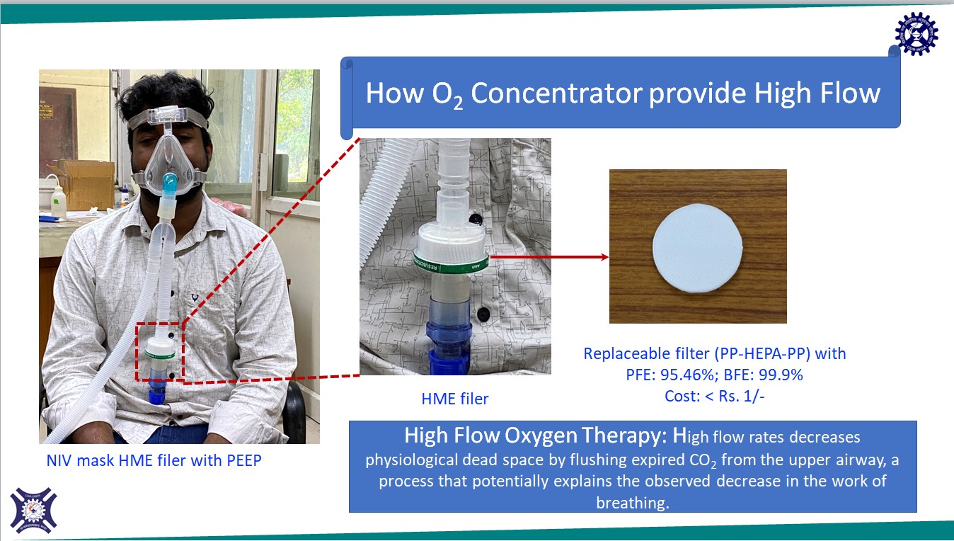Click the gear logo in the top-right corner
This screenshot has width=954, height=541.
(916, 33)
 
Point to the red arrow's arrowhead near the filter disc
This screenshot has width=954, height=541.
(604, 257)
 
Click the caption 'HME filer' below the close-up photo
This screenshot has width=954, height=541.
(454, 399)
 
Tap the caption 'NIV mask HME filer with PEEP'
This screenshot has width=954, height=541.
(154, 461)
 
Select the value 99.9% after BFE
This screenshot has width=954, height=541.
(778, 375)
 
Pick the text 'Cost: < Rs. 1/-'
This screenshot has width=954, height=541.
(715, 397)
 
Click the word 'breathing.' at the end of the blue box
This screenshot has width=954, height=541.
(633, 502)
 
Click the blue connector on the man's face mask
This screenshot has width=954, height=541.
(171, 186)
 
